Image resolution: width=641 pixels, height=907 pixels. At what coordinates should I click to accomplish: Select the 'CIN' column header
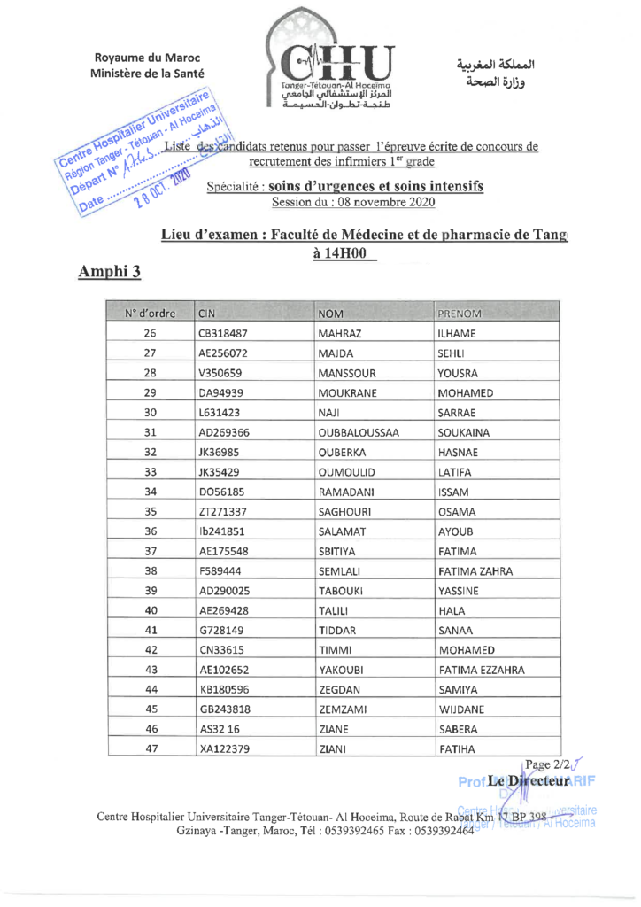(x=208, y=314)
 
